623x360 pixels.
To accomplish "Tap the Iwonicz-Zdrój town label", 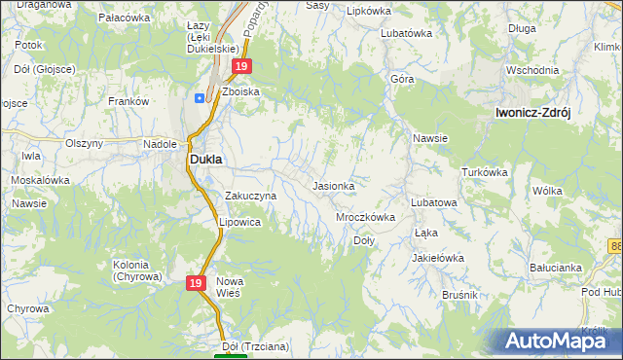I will (531, 113).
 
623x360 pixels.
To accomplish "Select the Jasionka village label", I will (333, 185).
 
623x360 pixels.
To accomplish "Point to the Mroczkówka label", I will (365, 217).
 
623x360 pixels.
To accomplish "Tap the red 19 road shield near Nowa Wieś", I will (196, 282).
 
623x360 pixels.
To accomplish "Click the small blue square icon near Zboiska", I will (198, 97).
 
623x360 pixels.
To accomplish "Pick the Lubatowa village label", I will (434, 202).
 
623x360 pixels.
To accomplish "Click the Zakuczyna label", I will (251, 196).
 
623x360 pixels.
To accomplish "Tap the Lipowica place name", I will (239, 222).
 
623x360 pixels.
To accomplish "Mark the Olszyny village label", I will (84, 143).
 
